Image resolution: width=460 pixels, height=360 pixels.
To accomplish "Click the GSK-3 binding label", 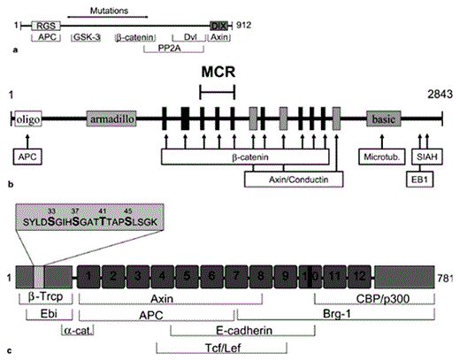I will [86, 40].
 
